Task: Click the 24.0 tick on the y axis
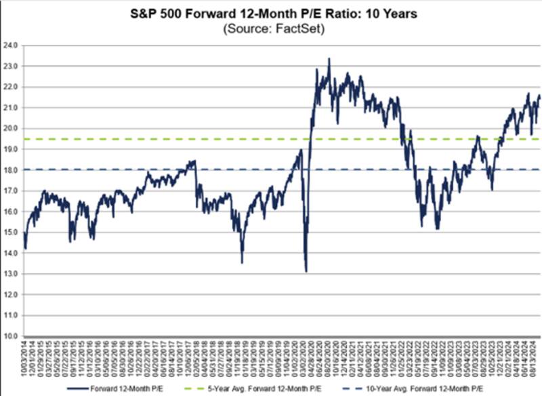[x=11, y=45]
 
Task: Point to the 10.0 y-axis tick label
[x=11, y=336]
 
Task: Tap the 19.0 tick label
[x=11, y=149]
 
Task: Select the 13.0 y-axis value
[x=11, y=273]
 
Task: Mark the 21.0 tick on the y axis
[x=11, y=108]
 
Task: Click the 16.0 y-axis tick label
[x=11, y=212]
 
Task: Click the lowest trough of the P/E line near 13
[x=306, y=271]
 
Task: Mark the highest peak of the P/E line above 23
[x=329, y=59]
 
